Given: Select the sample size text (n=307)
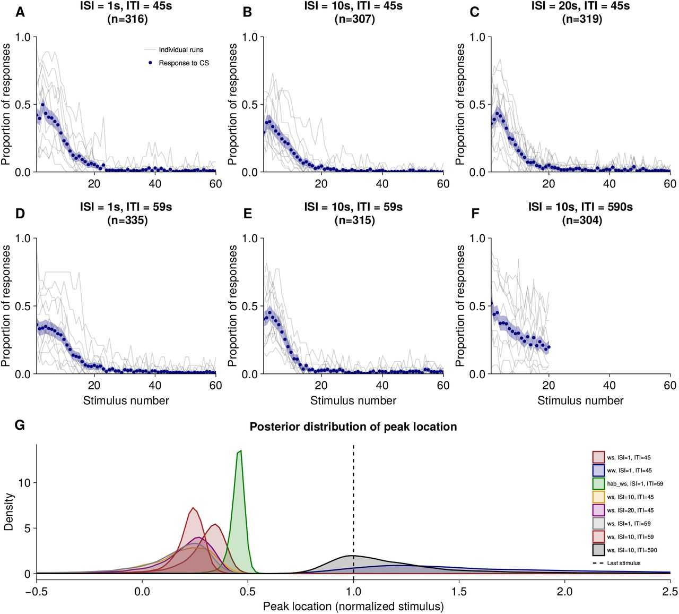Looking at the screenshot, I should tap(354, 19).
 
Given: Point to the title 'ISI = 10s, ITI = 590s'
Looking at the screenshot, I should tap(580, 207).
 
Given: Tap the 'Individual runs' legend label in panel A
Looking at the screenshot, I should tap(181, 50).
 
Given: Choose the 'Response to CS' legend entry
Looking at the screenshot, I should tap(184, 63).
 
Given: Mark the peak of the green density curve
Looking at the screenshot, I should tap(241, 451).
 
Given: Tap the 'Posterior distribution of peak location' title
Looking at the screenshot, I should tap(353, 427).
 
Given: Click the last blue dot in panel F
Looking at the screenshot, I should tap(549, 347).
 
